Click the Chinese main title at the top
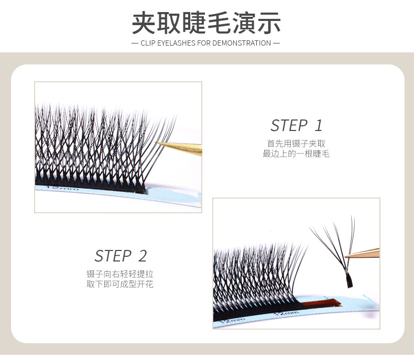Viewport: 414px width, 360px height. pyautogui.click(x=206, y=23)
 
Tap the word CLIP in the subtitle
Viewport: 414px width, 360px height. pyautogui.click(x=148, y=43)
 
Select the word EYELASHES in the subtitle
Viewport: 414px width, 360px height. pyautogui.click(x=176, y=43)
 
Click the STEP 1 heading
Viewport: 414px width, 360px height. pyautogui.click(x=296, y=126)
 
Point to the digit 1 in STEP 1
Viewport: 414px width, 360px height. pyautogui.click(x=319, y=126)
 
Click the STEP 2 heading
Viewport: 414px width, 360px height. pyautogui.click(x=121, y=256)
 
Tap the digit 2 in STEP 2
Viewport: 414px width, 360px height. pyautogui.click(x=143, y=256)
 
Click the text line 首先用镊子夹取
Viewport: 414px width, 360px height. pyautogui.click(x=296, y=143)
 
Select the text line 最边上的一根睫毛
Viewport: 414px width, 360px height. pyautogui.click(x=296, y=154)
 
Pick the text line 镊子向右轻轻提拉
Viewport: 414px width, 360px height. pyautogui.click(x=120, y=274)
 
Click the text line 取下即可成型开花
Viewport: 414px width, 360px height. pyautogui.click(x=120, y=285)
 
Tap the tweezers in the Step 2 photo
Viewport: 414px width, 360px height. pyautogui.click(x=364, y=253)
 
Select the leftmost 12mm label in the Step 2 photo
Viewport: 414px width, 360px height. pyautogui.click(x=232, y=319)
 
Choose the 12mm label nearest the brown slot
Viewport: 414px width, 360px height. pyautogui.click(x=287, y=313)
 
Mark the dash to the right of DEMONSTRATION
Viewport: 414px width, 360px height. pyautogui.click(x=276, y=43)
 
